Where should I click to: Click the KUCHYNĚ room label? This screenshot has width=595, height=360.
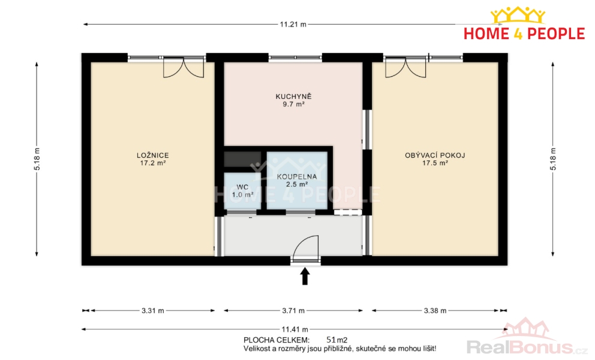coord(293,97)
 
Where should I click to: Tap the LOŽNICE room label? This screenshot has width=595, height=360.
coord(152,155)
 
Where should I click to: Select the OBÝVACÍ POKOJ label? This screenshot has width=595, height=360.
coord(435,155)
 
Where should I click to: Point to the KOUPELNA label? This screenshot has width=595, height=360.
coord(297,176)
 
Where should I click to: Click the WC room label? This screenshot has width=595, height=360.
coord(242,187)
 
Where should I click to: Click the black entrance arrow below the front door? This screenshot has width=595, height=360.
coord(305,276)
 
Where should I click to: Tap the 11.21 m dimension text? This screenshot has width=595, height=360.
coord(293,25)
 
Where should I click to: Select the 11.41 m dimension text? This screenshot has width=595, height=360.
coord(295,329)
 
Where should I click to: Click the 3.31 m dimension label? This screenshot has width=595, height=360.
coord(153,311)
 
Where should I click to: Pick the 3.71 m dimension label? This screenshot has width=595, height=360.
coord(293,311)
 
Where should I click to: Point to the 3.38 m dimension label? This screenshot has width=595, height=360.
coord(435,311)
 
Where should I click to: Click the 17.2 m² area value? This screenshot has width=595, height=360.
coord(152,163)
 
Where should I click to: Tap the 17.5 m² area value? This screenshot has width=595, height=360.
coord(435,163)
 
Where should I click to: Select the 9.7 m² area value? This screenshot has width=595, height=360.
coord(293,104)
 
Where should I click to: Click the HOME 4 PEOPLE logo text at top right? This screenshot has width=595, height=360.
coord(524,34)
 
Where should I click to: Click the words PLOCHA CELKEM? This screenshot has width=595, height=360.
coord(277,340)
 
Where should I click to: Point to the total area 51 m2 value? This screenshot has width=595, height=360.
coord(337,340)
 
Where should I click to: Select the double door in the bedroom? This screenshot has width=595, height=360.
coord(184,68)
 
